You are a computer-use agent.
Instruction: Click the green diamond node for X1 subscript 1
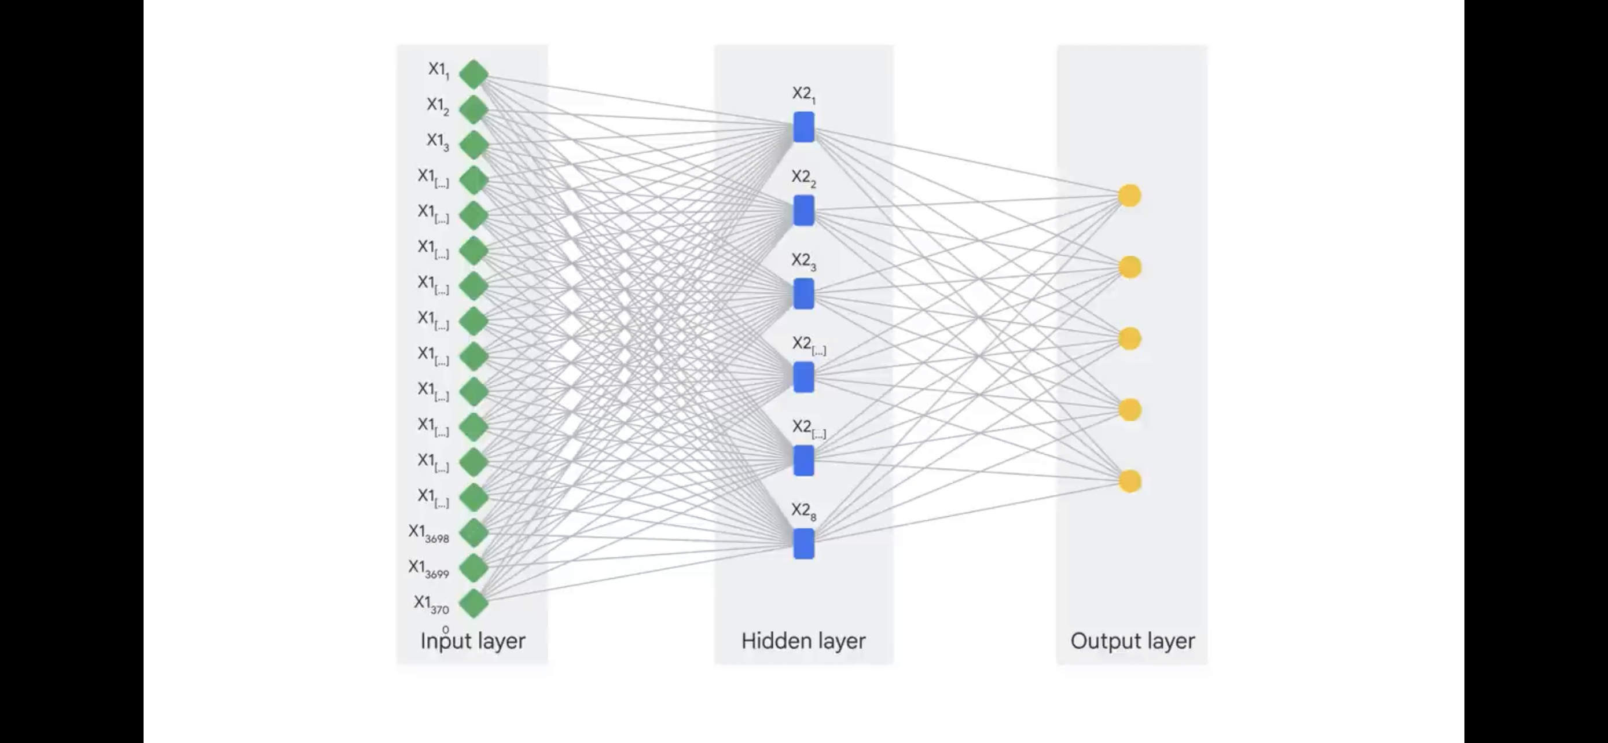coord(473,74)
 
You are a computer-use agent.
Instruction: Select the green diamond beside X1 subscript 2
coord(473,110)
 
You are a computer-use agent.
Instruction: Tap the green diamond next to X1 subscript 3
coord(473,145)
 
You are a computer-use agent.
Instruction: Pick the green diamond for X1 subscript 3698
coord(473,533)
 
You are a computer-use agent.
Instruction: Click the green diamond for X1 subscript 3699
coord(473,568)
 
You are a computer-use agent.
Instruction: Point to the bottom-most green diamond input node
coord(473,604)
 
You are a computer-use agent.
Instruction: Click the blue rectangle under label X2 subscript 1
coord(803,127)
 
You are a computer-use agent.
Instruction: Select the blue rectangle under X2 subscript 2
coord(803,210)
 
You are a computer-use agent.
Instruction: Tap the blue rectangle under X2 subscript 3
coord(803,294)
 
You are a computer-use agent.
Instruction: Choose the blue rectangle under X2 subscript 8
coord(803,543)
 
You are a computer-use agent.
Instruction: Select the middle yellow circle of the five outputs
coord(1129,339)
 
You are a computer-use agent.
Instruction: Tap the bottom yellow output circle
coord(1129,481)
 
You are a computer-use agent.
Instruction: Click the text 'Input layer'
coord(472,641)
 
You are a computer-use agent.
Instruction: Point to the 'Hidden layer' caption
coord(803,641)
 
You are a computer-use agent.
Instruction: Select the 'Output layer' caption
coord(1132,641)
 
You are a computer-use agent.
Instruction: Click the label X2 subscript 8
coord(803,511)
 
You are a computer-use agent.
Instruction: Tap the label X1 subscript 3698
coord(429,533)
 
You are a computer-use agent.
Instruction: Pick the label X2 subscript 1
coord(803,94)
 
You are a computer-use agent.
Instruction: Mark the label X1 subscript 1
coord(438,70)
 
